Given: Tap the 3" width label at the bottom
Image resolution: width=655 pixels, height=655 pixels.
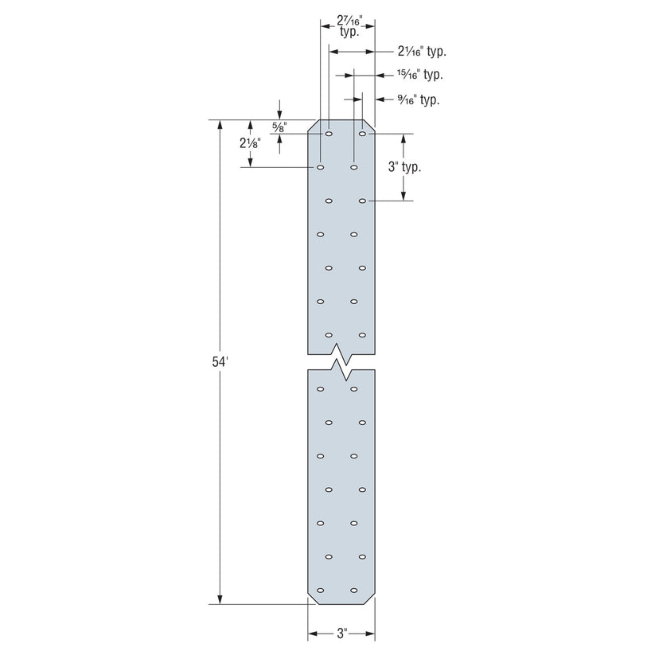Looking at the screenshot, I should (341, 634).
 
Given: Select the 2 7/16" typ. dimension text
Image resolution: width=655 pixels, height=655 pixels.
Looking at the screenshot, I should (349, 28).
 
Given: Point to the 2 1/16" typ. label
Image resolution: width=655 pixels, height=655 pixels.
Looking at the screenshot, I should (421, 51).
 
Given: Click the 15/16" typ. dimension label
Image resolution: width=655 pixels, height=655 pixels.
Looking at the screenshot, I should (419, 75).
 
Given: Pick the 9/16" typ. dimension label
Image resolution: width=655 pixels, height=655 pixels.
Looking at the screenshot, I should (418, 99).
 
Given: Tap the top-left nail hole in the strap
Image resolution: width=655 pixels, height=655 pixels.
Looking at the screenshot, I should (329, 135).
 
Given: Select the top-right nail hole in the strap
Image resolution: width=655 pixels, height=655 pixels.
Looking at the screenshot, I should (362, 135).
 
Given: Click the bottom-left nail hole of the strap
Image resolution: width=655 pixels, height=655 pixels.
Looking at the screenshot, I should (320, 590).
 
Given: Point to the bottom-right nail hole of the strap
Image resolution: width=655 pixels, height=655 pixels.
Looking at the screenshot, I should (353, 590).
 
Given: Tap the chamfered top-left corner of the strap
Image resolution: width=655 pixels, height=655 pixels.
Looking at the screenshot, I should (313, 126).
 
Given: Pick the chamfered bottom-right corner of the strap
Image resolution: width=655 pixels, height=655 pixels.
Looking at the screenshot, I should (369, 599).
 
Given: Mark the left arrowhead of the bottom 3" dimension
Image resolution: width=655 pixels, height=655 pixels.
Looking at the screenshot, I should (313, 634).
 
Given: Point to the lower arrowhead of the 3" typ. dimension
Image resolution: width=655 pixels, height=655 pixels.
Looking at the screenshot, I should (404, 196).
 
